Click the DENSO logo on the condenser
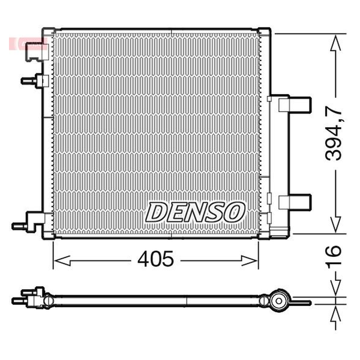coord(195,212)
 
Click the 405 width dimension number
coord(155,259)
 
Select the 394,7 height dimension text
coord(334,134)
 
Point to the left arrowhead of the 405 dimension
coord(62,260)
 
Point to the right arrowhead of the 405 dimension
coord(250,260)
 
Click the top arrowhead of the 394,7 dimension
coord(335,43)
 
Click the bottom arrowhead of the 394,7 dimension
coord(335,224)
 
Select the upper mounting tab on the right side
coord(295,104)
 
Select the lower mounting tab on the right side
coord(295,202)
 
